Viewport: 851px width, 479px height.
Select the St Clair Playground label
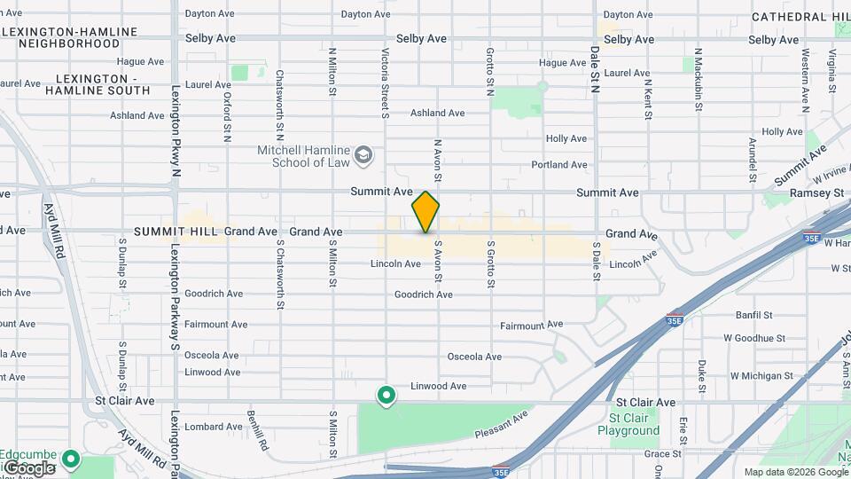tap(634, 424)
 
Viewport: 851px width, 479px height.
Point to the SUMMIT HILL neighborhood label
tap(176, 232)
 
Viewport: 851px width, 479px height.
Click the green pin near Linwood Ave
tap(386, 395)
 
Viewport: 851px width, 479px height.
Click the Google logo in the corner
tap(28, 468)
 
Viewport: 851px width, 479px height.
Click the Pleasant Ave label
tap(503, 423)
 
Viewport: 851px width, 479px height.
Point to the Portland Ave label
tap(559, 165)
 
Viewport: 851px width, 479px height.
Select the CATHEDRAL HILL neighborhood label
tap(800, 17)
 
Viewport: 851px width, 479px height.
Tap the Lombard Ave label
tap(214, 427)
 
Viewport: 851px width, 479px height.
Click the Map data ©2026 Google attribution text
tap(795, 472)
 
